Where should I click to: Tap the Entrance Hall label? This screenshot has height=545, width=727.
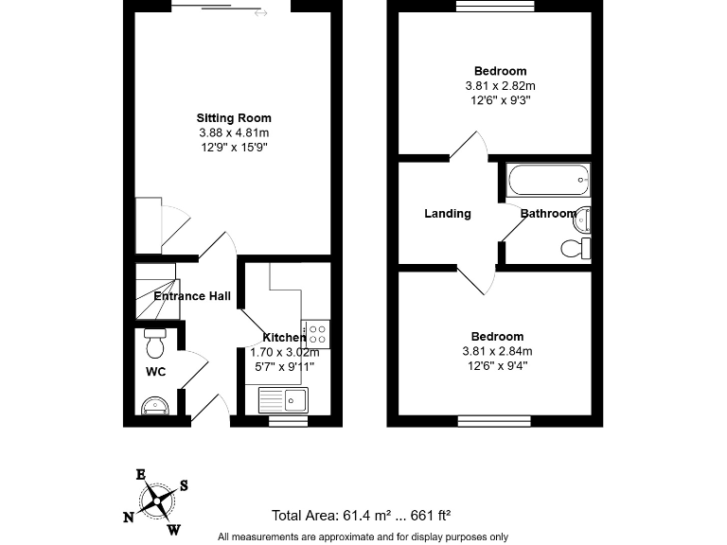tap(192, 296)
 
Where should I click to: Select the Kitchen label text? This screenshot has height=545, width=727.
tap(283, 338)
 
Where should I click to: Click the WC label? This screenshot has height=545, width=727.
tap(155, 372)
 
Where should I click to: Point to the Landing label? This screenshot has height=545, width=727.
tap(447, 214)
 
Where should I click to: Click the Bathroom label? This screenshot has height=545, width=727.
tap(547, 214)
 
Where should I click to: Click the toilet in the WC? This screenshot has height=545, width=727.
tap(156, 338)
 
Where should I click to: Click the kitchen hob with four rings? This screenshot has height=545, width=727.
tap(316, 333)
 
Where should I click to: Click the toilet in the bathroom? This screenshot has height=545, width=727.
tap(574, 248)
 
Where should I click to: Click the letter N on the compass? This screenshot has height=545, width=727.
tap(128, 517)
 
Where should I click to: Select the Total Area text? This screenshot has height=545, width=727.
tap(361, 516)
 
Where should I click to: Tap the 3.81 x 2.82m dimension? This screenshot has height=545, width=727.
tap(500, 85)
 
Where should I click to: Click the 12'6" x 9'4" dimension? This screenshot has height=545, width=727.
tap(498, 365)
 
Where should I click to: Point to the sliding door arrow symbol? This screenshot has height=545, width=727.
tap(260, 13)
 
